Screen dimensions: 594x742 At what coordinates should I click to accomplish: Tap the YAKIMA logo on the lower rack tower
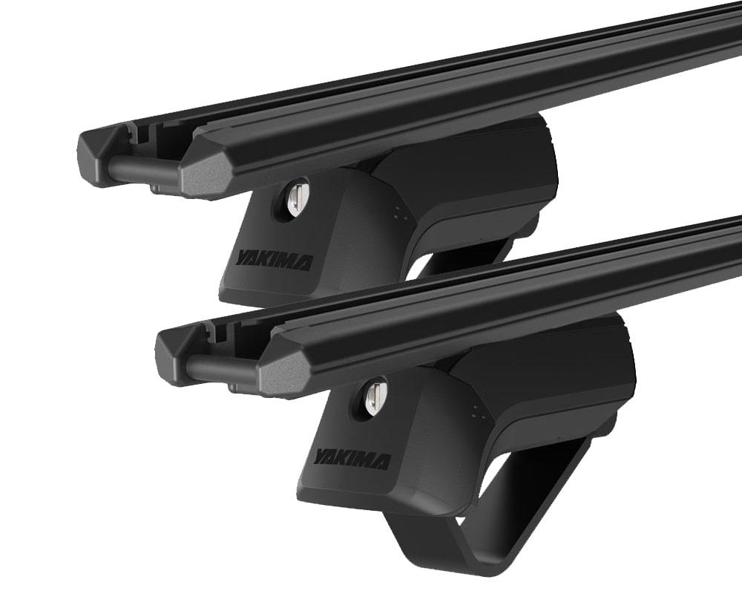coord(352,459)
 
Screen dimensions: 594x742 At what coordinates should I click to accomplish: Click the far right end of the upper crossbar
coord(731,30)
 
